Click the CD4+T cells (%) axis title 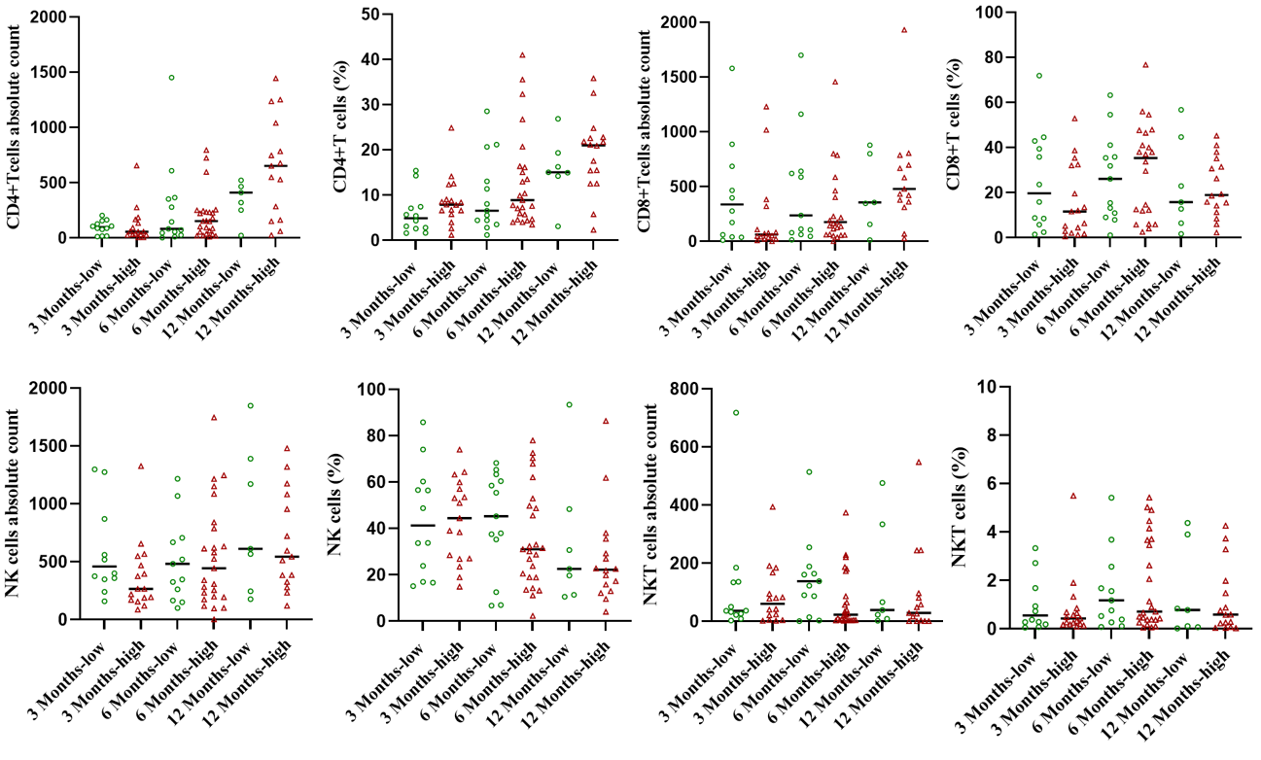[342, 127]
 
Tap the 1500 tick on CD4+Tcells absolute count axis [54, 73]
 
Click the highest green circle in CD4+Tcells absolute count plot [171, 78]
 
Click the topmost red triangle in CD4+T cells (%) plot [522, 55]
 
